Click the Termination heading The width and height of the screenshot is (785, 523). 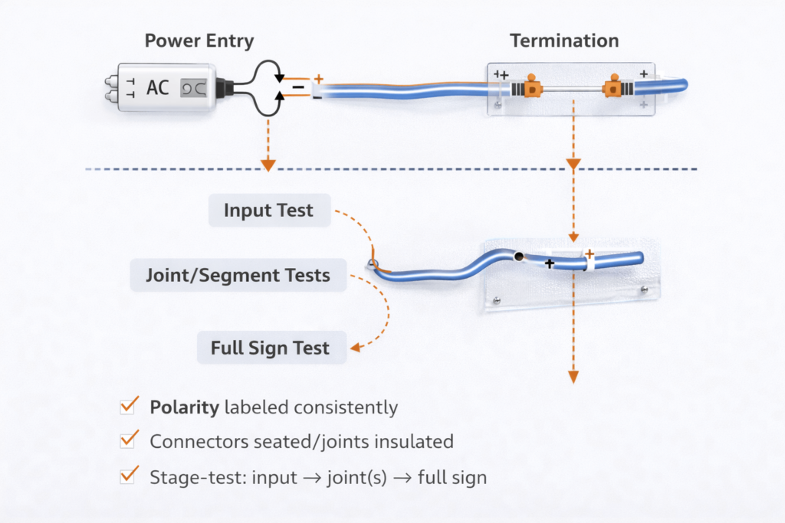pyautogui.click(x=564, y=41)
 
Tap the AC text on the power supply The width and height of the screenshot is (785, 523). pyautogui.click(x=157, y=87)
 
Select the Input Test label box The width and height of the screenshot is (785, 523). pyautogui.click(x=269, y=211)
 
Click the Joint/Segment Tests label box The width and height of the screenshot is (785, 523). pyautogui.click(x=238, y=275)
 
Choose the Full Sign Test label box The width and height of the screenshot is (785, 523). pyautogui.click(x=271, y=348)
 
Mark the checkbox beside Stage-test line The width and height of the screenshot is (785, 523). pyautogui.click(x=129, y=476)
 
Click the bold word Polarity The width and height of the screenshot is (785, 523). pyautogui.click(x=184, y=407)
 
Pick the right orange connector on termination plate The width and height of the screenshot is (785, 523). pyautogui.click(x=613, y=87)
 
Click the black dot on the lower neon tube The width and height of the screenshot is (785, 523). pyautogui.click(x=519, y=257)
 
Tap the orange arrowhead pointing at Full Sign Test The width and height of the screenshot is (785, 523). pyautogui.click(x=354, y=348)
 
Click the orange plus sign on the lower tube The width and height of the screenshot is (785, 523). pyautogui.click(x=589, y=253)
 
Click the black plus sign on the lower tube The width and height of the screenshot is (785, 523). pyautogui.click(x=549, y=263)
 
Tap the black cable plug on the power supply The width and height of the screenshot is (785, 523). pyautogui.click(x=226, y=88)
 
